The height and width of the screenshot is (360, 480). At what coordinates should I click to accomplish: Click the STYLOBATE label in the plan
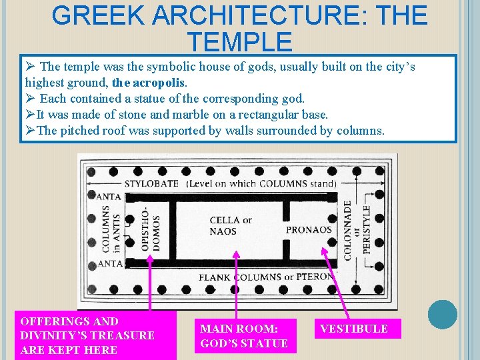151,183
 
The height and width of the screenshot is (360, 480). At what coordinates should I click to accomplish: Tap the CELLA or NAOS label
231,225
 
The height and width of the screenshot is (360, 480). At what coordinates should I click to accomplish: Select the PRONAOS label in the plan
309,230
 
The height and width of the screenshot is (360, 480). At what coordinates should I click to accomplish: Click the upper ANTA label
109,197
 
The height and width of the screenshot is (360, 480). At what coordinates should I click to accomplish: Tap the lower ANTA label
109,263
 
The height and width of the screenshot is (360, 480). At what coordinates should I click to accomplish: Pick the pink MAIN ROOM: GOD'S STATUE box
244,336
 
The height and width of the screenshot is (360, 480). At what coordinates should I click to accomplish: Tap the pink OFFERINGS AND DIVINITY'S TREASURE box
95,335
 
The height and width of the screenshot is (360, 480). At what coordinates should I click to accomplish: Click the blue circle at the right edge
443,314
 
